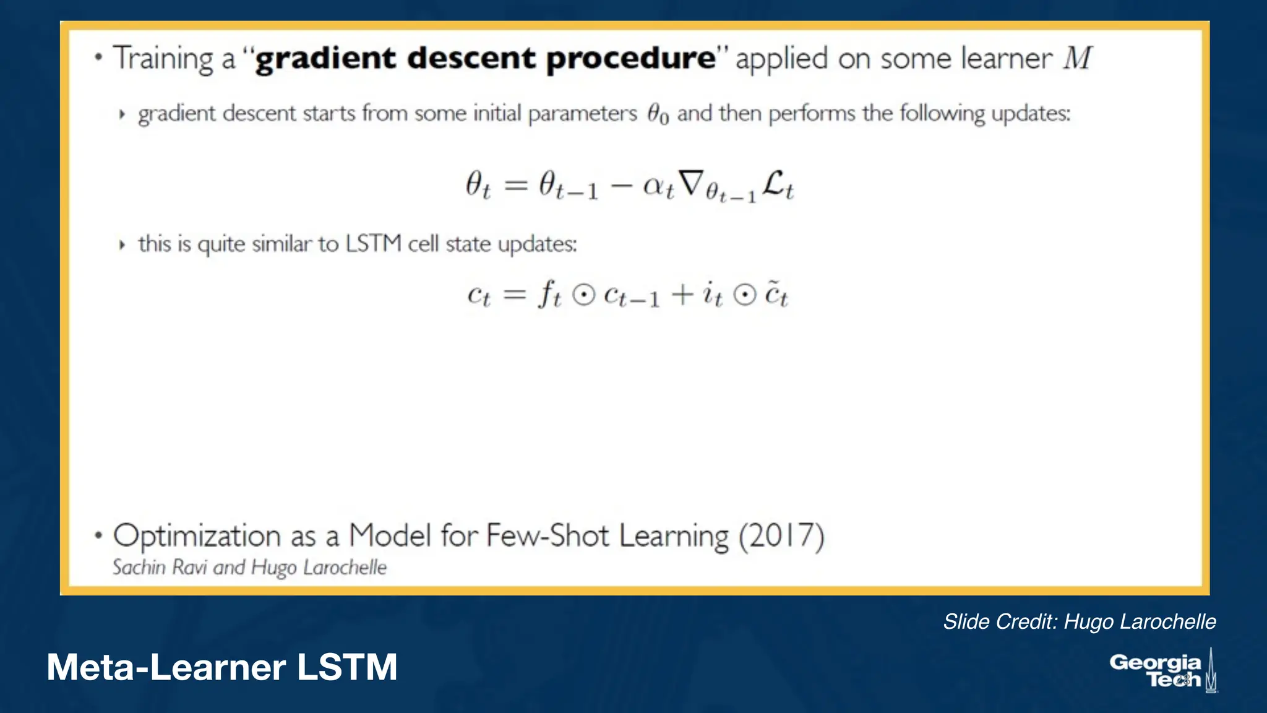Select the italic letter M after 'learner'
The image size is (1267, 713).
pyautogui.click(x=1078, y=58)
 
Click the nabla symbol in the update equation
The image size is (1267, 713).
pyautogui.click(x=691, y=183)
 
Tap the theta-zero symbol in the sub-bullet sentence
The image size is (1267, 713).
pyautogui.click(x=658, y=114)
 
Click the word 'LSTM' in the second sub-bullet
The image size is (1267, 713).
pyautogui.click(x=374, y=244)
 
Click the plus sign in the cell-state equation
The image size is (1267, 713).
pyautogui.click(x=682, y=295)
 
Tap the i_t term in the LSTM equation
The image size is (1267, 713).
pyautogui.click(x=712, y=294)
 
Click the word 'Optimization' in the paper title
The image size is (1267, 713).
pyautogui.click(x=197, y=536)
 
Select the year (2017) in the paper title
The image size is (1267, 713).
pyautogui.click(x=781, y=536)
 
